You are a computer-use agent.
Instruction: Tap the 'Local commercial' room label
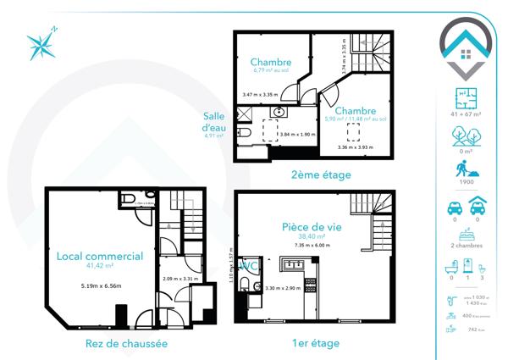pyautogui.click(x=99, y=255)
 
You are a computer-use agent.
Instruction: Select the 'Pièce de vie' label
pyautogui.click(x=312, y=227)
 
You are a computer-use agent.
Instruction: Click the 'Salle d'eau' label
pyautogui.click(x=213, y=122)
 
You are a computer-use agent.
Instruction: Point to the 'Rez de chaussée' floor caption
pyautogui.click(x=126, y=343)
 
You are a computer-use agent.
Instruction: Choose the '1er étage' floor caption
pyautogui.click(x=315, y=343)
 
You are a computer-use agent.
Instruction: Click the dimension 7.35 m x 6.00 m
pyautogui.click(x=312, y=246)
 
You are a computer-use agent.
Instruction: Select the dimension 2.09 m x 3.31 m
pyautogui.click(x=180, y=278)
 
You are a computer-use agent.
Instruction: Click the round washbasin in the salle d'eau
pyautogui.click(x=279, y=114)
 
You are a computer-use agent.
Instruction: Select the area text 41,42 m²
pyautogui.click(x=99, y=266)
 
